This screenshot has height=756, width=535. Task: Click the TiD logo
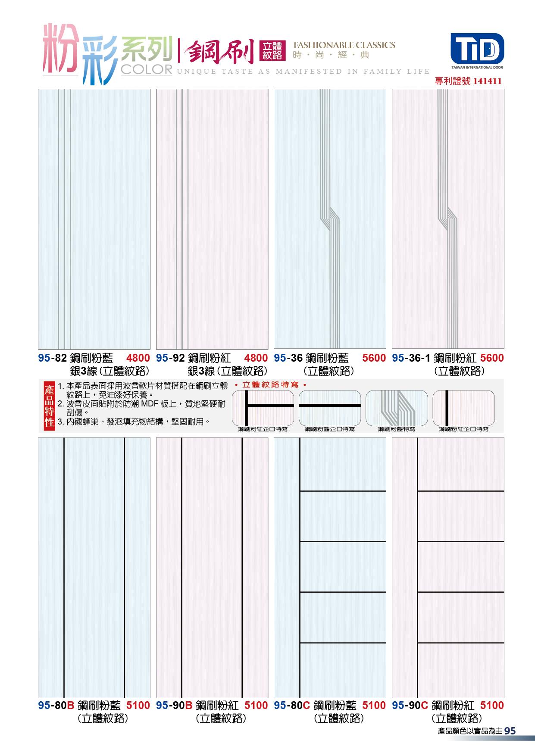tap(477, 48)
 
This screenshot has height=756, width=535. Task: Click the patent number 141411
tap(487, 81)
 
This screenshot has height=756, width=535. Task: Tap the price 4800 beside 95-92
tap(256, 358)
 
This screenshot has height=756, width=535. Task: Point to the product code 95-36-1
tap(411, 358)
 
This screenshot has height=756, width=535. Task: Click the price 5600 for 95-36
tap(374, 358)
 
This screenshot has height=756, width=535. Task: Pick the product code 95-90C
tap(410, 706)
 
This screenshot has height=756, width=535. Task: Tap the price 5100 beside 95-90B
tap(256, 706)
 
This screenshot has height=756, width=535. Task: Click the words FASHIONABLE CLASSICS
tap(344, 45)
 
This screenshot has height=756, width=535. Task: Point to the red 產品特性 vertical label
tap(49, 406)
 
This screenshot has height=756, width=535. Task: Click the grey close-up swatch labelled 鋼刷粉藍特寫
tap(397, 408)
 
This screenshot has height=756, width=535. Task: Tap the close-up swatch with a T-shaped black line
tap(263, 408)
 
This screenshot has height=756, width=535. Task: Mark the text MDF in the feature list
tap(150, 404)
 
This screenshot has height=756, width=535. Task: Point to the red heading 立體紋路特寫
tap(270, 384)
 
